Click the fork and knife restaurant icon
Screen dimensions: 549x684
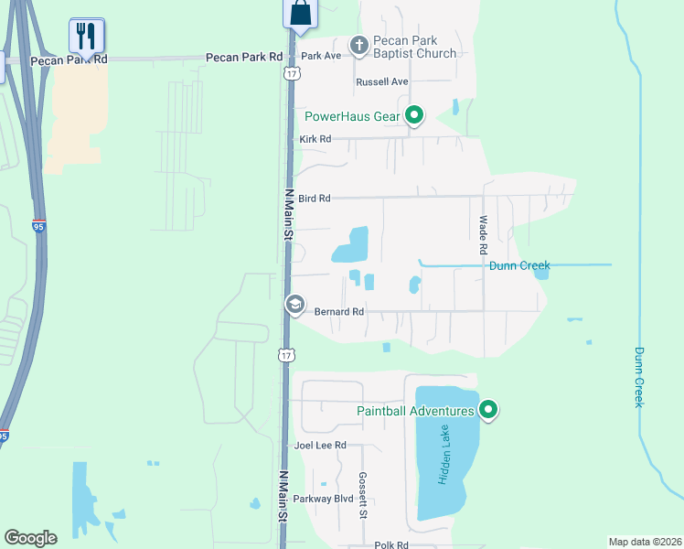point(87,36)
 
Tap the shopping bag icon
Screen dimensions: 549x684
point(300,13)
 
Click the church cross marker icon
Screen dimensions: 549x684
point(359,44)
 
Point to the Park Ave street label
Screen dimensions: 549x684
point(321,56)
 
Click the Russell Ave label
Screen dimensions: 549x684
point(381,81)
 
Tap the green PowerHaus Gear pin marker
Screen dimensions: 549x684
point(414,115)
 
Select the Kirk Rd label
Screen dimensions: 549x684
point(315,139)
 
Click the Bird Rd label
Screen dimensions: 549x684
point(314,198)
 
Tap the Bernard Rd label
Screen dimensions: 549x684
point(339,312)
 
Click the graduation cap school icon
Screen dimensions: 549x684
point(295,305)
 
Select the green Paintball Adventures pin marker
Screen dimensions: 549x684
point(488,411)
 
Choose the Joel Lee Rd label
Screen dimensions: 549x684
point(320,446)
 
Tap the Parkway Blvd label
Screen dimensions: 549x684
point(323,499)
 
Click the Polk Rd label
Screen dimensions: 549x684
point(390,545)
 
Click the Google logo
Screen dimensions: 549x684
point(30,538)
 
